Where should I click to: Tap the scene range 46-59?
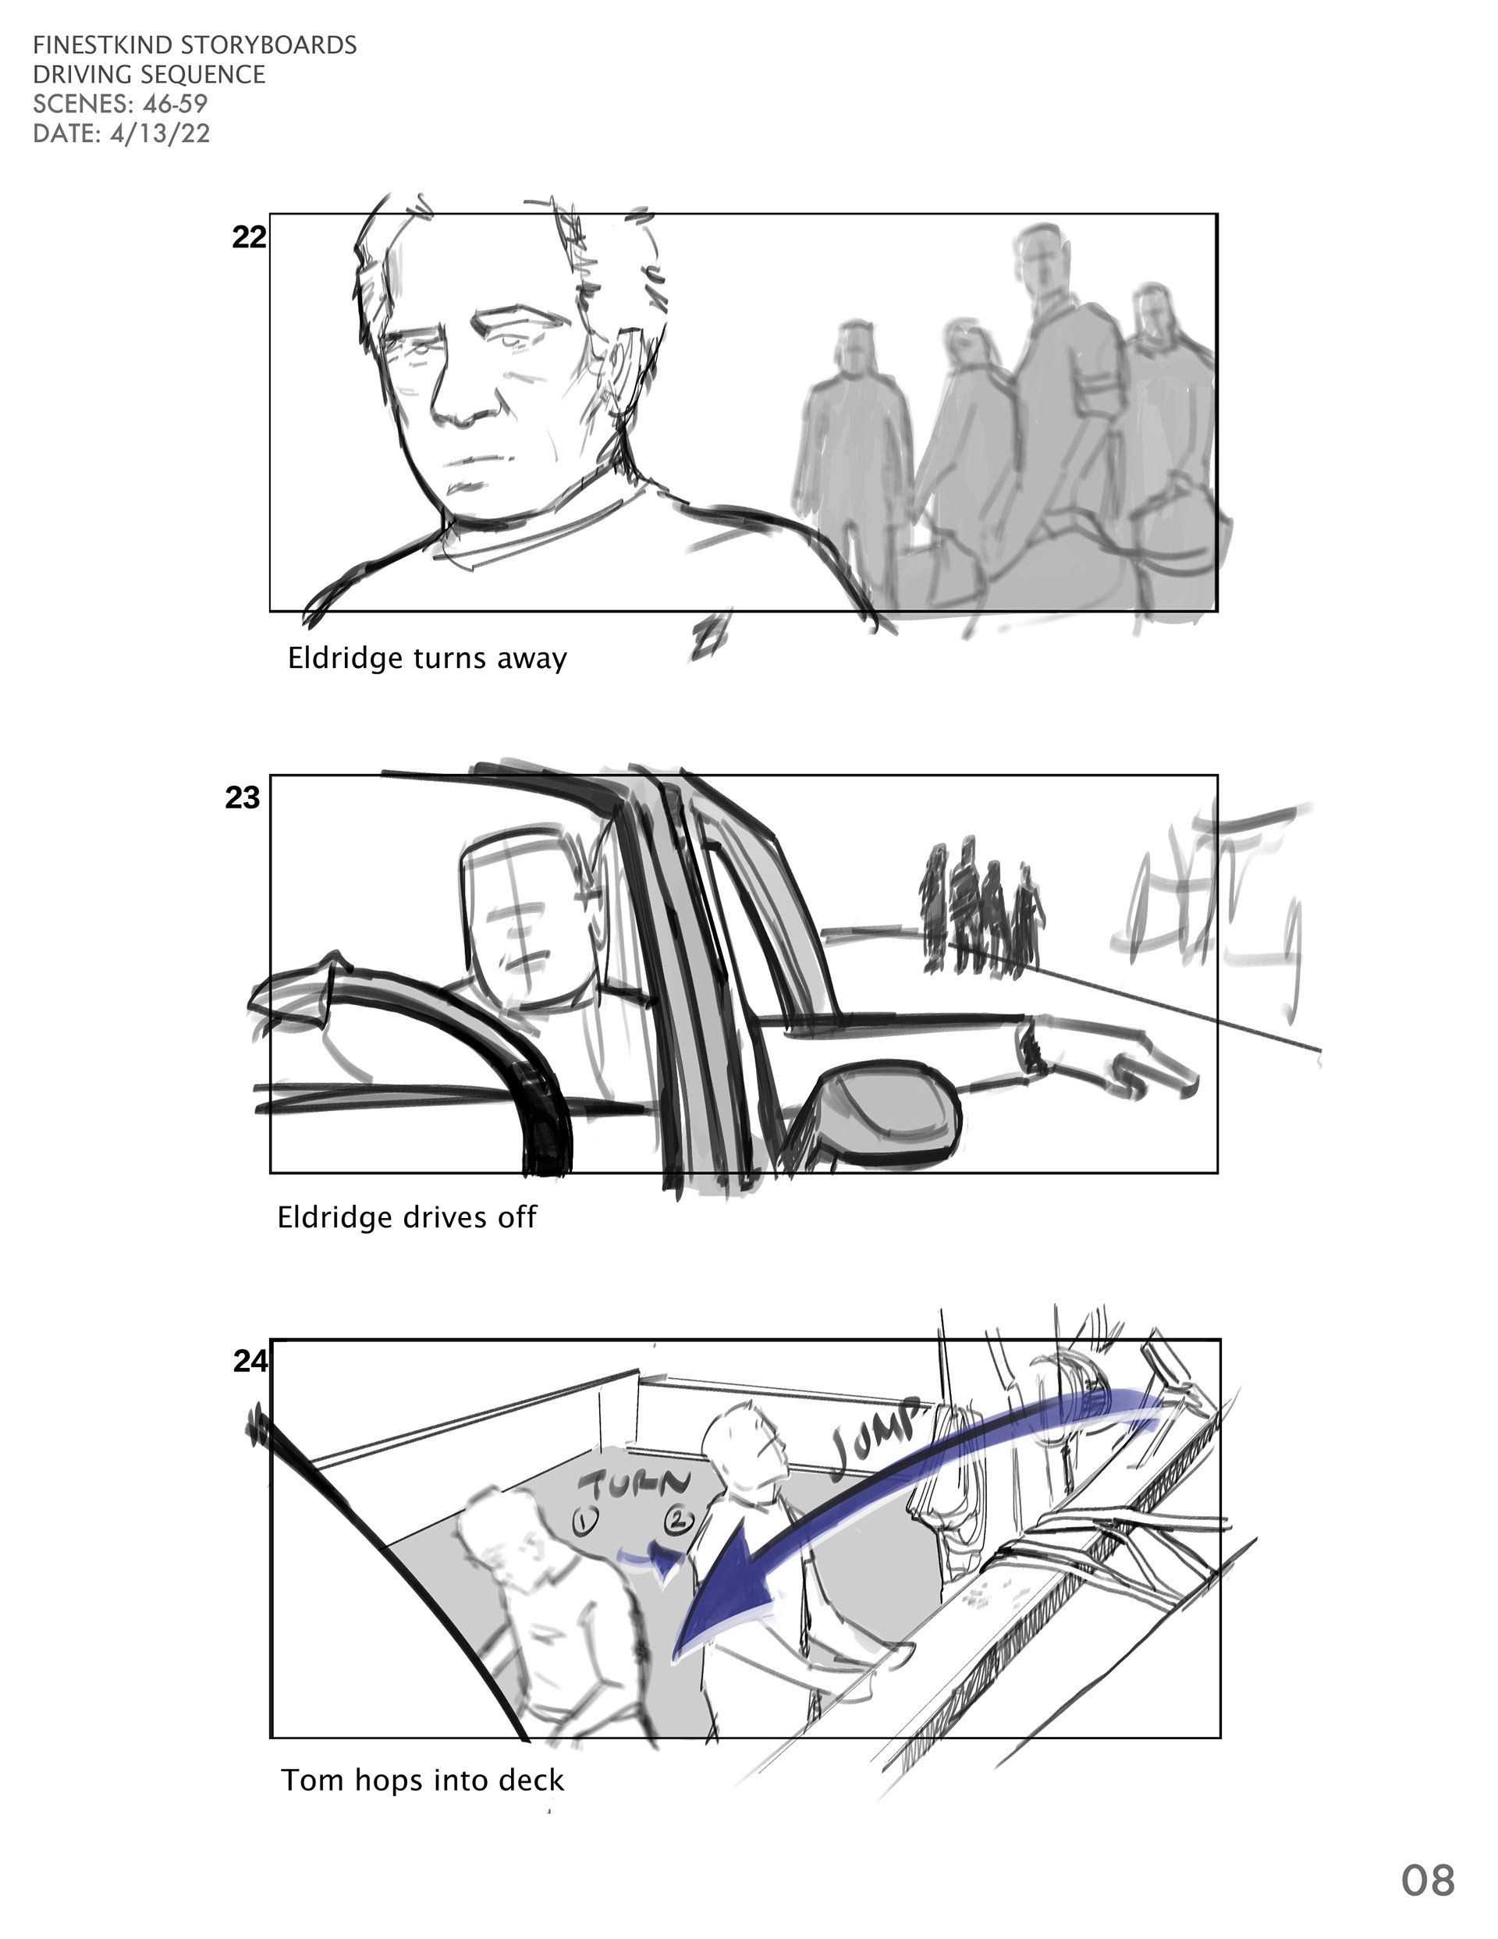(x=175, y=104)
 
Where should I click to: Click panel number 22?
(x=249, y=237)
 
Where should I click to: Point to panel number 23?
(x=243, y=798)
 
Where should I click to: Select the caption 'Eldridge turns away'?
(x=427, y=659)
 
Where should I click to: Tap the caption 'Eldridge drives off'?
(x=406, y=1217)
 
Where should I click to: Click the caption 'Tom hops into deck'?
(x=423, y=1780)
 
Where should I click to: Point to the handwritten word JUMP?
(x=876, y=1440)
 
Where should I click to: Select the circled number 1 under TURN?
(x=584, y=1522)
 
